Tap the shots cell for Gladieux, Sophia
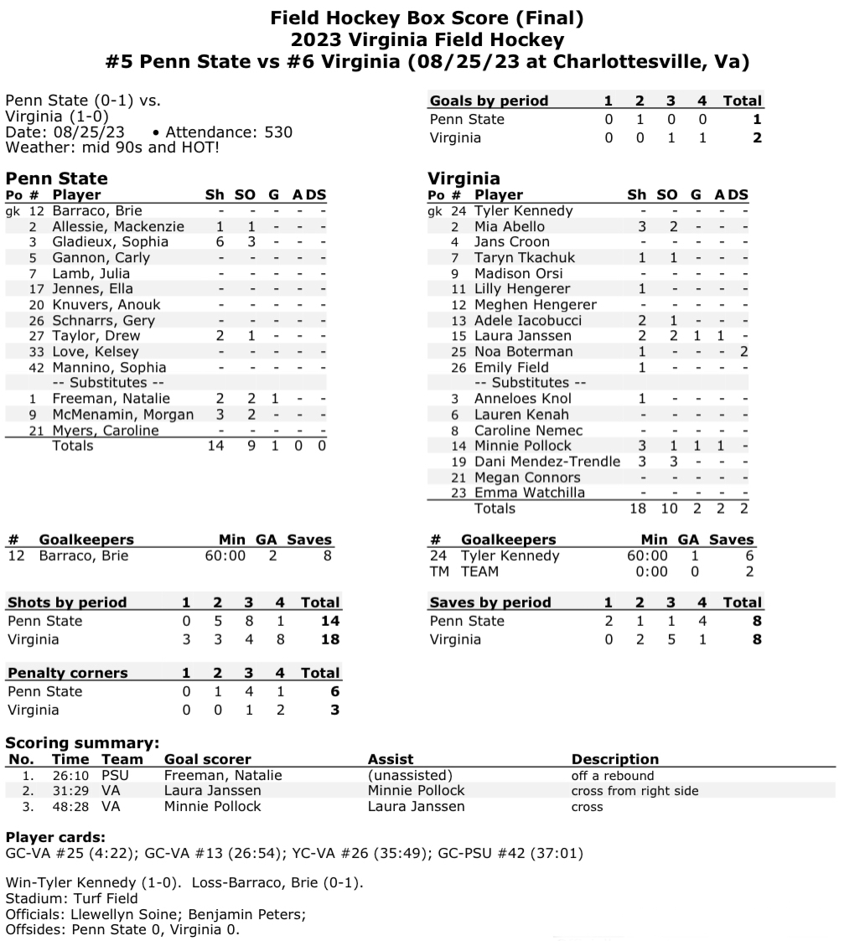coord(220,241)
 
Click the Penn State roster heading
coord(56,178)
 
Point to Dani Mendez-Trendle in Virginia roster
coord(547,462)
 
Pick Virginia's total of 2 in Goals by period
coord(757,138)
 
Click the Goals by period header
coord(489,101)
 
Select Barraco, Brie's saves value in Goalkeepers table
coord(327,556)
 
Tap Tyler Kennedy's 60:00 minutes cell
coord(647,556)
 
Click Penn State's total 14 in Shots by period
coord(329,621)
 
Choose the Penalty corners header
coord(68,673)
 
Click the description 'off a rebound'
coord(612,775)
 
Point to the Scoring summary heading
coord(82,742)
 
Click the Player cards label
coord(55,838)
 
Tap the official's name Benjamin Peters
coord(255,913)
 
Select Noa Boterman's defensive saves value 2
coord(743,352)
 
